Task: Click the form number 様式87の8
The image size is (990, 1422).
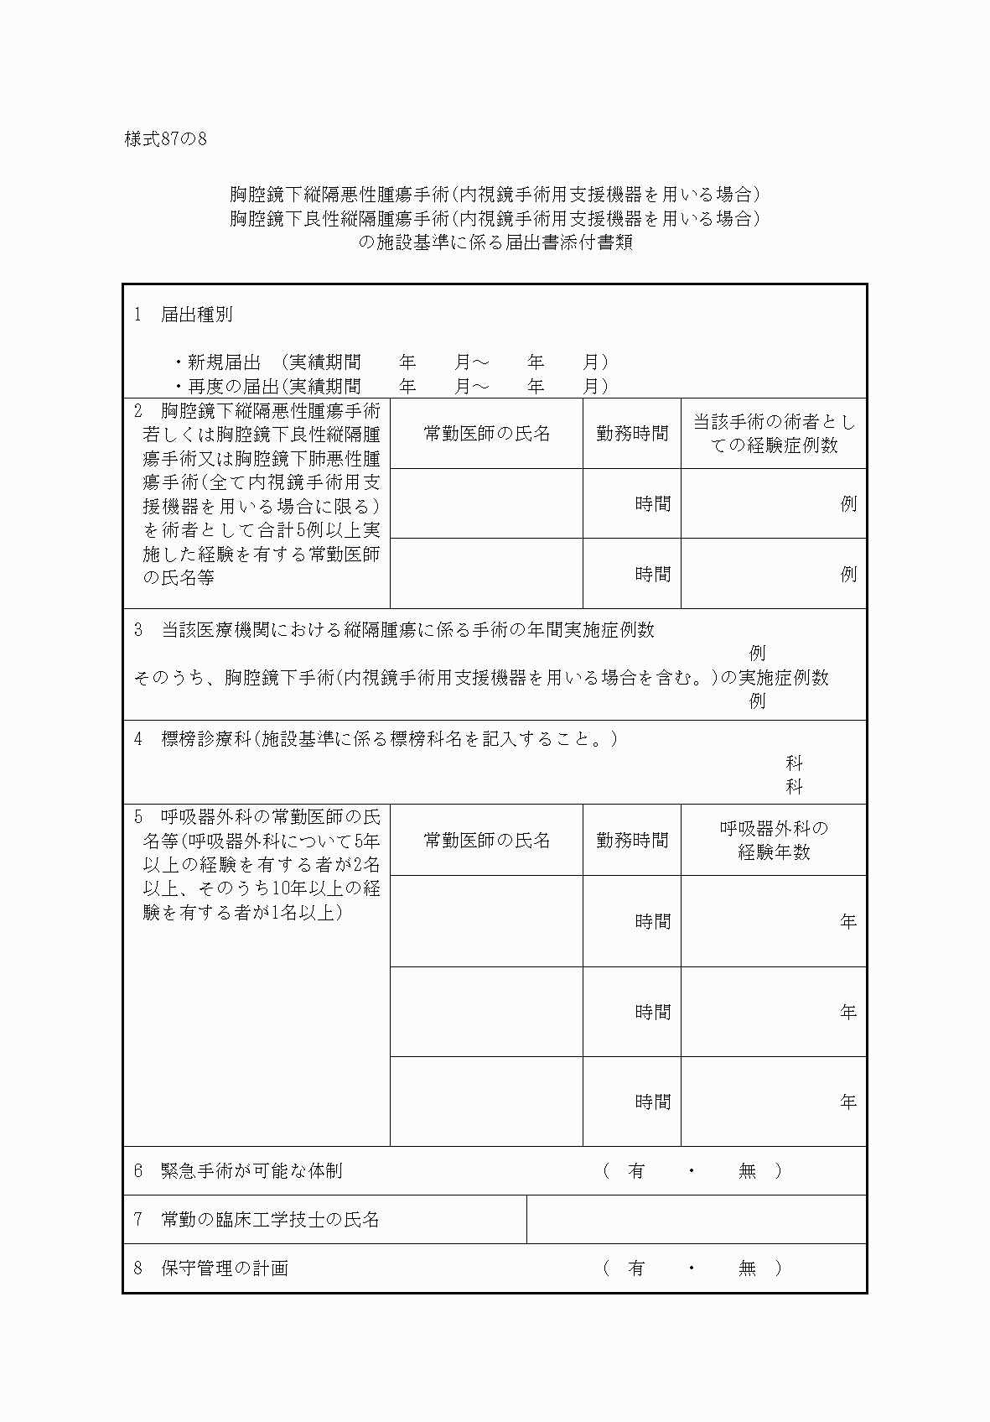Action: (x=165, y=139)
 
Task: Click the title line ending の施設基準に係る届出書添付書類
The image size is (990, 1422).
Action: (x=495, y=243)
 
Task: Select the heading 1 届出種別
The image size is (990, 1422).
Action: (x=184, y=315)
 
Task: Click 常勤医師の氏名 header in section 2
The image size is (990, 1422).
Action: (x=486, y=434)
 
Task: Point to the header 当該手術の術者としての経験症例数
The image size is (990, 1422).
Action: (x=773, y=434)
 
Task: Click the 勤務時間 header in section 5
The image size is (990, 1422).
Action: (x=632, y=840)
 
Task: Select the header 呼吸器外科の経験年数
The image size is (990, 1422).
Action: (x=773, y=840)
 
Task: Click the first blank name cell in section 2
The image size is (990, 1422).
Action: (x=486, y=503)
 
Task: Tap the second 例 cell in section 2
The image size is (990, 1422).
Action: (x=773, y=574)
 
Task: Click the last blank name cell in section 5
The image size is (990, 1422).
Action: (x=486, y=1102)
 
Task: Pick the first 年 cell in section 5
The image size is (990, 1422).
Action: (x=773, y=921)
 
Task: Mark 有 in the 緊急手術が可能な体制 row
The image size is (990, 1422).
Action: (x=636, y=1171)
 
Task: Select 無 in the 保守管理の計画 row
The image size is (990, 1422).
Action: (x=747, y=1268)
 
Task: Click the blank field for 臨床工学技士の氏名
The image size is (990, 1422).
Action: (x=696, y=1220)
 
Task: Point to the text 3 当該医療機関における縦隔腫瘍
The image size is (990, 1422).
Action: (x=394, y=630)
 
